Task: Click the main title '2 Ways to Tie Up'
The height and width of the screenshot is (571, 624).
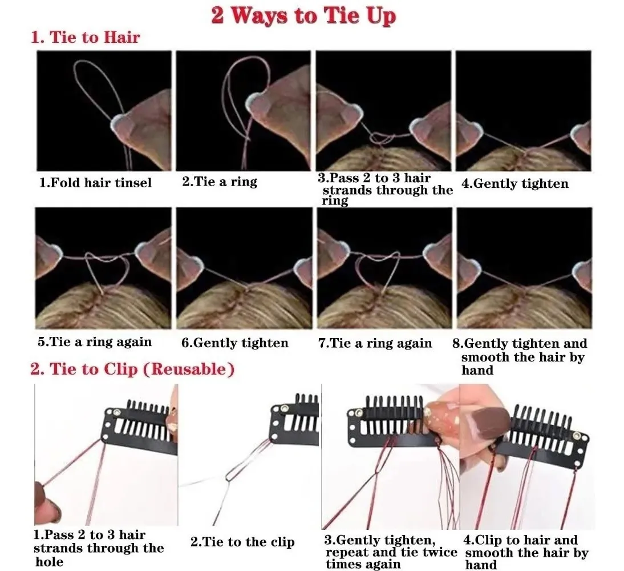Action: pos(303,16)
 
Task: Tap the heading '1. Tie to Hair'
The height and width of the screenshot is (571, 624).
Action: pos(85,37)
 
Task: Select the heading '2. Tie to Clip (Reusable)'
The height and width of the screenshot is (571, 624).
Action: pos(132,368)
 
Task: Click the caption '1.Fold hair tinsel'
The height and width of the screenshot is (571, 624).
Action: pos(95,183)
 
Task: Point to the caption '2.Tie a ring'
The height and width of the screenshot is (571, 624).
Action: pos(220,182)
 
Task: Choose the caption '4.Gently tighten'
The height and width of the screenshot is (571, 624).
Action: pos(515,183)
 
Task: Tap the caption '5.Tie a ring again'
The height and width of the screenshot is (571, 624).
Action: pos(95,342)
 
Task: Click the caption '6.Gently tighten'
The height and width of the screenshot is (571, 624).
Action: pos(235,343)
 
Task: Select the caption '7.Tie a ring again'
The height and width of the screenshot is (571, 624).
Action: pos(375,343)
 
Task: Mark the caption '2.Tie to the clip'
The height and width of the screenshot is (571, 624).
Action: pos(242,541)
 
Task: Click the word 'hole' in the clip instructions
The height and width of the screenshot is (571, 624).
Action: pos(50,561)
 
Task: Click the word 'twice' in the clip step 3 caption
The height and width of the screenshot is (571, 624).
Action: pos(439,552)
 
